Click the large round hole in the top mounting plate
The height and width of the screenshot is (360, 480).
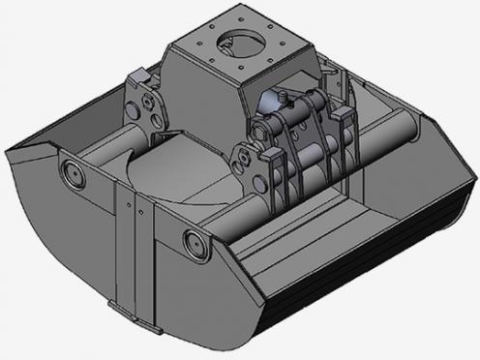237,43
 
